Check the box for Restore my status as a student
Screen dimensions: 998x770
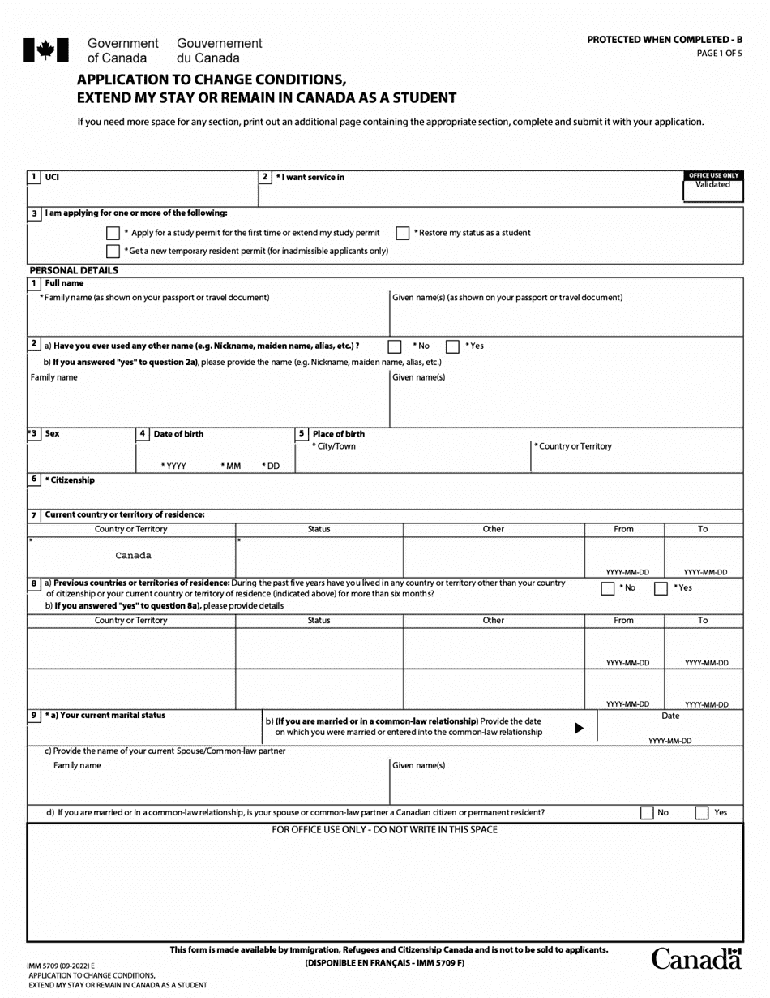click(x=403, y=233)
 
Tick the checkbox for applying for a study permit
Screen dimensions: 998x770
click(x=113, y=233)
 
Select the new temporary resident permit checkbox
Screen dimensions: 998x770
click(x=113, y=252)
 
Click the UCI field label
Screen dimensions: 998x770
click(x=52, y=177)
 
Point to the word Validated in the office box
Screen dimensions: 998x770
click(x=712, y=185)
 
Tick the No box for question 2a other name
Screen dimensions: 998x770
click(x=395, y=346)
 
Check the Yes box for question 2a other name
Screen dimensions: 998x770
click(x=453, y=346)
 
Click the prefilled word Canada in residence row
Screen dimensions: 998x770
click(x=133, y=556)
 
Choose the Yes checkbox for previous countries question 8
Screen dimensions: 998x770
click(x=661, y=588)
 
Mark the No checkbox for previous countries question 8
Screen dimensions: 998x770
click(x=608, y=588)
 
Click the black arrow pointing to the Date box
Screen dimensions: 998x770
click(x=579, y=728)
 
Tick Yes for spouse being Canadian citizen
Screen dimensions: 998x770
click(x=702, y=813)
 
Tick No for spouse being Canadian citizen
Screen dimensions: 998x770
click(x=647, y=813)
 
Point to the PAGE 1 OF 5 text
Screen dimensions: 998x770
click(x=719, y=54)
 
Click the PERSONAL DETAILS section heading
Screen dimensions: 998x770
click(x=74, y=270)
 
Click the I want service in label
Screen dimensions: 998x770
click(x=310, y=177)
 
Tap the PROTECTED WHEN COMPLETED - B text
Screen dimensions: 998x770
click(x=664, y=40)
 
